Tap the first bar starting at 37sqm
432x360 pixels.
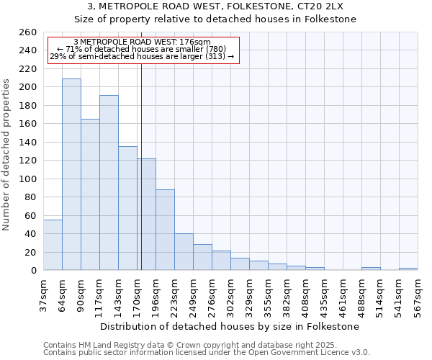pyautogui.click(x=53, y=245)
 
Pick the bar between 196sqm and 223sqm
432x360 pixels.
pyautogui.click(x=165, y=230)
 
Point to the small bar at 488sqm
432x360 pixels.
pyautogui.click(x=371, y=269)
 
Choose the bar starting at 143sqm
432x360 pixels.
pyautogui.click(x=127, y=208)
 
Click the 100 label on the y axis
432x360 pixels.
pyautogui.click(x=27, y=179)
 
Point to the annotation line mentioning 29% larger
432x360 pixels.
pyautogui.click(x=142, y=56)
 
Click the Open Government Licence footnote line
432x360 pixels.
pyautogui.click(x=207, y=353)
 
